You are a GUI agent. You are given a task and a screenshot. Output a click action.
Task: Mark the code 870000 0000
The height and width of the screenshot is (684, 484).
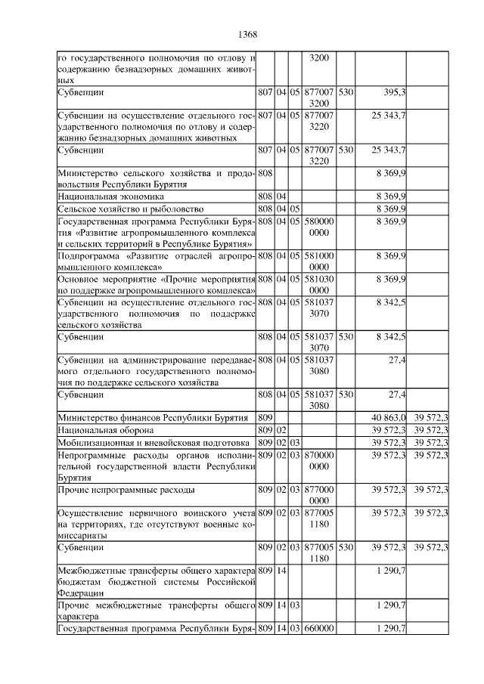click(319, 460)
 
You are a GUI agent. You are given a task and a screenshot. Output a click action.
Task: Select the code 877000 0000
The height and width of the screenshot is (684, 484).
click(319, 495)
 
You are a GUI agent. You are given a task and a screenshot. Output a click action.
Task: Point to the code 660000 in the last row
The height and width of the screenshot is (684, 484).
click(319, 629)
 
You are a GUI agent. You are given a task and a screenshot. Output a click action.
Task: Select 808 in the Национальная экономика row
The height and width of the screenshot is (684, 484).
click(265, 197)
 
